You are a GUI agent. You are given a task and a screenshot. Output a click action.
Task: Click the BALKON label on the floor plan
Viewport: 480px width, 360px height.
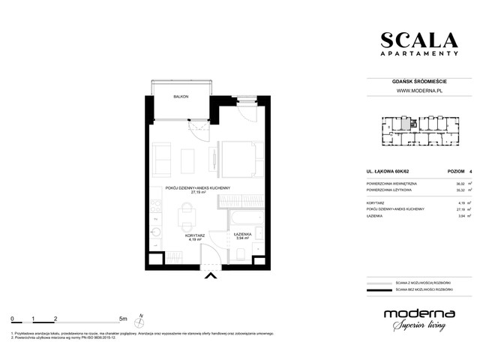click(180, 97)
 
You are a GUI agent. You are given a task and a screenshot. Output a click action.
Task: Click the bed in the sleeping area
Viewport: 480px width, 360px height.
click(239, 160)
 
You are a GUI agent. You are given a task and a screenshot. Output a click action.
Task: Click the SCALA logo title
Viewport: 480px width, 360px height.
click(418, 40)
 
